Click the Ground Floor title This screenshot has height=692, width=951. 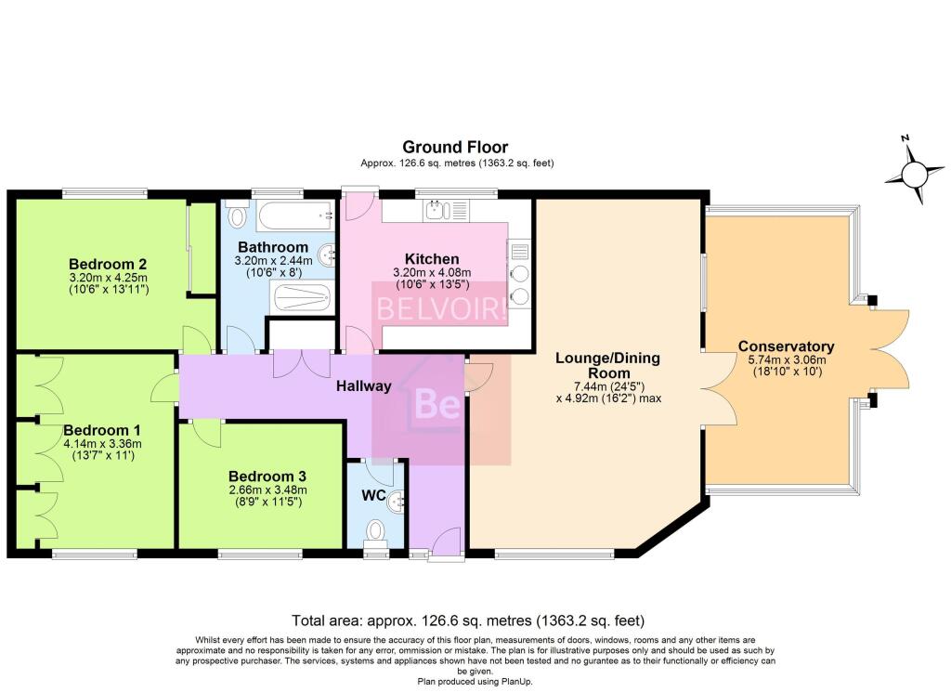pyautogui.click(x=455, y=148)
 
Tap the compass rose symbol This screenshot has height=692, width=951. pyautogui.click(x=914, y=172)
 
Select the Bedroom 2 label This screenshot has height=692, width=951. pyautogui.click(x=108, y=265)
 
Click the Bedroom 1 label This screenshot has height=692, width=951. pyautogui.click(x=102, y=431)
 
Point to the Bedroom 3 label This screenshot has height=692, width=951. pyautogui.click(x=267, y=477)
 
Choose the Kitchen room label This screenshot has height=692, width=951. pyautogui.click(x=432, y=259)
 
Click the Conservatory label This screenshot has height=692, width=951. pyautogui.click(x=786, y=346)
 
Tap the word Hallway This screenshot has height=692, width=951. pyautogui.click(x=364, y=385)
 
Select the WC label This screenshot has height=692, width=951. pyautogui.click(x=373, y=495)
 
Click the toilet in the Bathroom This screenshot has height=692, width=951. pyautogui.click(x=237, y=215)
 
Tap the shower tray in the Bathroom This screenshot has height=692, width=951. pyautogui.click(x=302, y=298)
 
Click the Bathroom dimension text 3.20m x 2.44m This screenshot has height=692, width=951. pyautogui.click(x=274, y=261)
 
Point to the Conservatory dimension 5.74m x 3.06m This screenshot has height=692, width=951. pyautogui.click(x=788, y=359)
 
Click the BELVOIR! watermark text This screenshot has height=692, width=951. pyautogui.click(x=441, y=308)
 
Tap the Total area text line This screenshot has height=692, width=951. pyautogui.click(x=468, y=620)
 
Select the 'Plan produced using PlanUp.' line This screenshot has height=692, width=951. pyautogui.click(x=475, y=682)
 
